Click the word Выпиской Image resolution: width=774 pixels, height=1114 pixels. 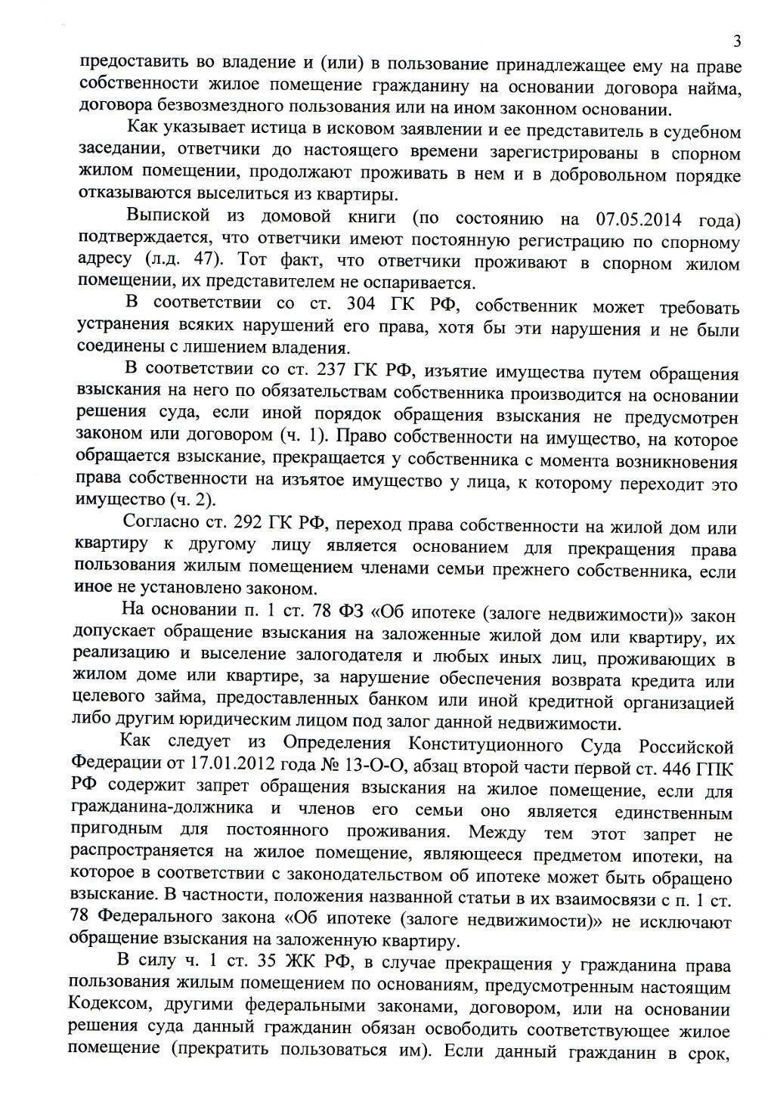166,217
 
